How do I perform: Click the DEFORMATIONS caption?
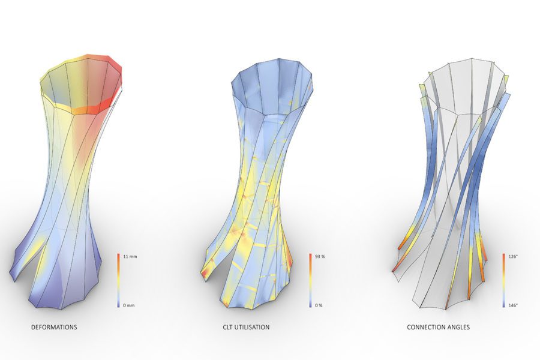point(54,327)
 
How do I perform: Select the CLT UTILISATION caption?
point(246,327)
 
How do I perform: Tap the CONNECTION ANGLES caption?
point(438,327)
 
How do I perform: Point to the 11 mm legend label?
point(130,257)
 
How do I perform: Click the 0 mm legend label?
point(129,305)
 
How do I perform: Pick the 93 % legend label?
point(320,257)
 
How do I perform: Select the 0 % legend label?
point(319,305)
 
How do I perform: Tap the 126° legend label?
point(513,257)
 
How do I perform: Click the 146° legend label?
point(513,305)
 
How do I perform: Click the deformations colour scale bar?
point(118,280)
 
